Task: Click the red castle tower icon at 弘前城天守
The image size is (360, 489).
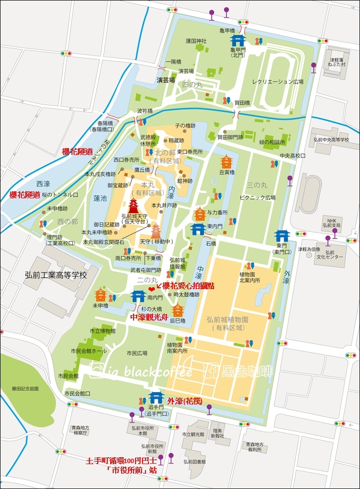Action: [134, 206]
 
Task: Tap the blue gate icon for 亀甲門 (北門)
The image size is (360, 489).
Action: [237, 40]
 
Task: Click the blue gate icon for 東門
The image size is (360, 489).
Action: [282, 235]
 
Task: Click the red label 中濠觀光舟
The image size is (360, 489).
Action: [149, 317]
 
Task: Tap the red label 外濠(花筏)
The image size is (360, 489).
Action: [184, 401]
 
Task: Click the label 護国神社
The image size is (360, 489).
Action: [196, 40]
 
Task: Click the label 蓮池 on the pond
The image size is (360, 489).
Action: [100, 198]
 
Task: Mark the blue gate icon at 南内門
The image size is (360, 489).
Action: [138, 296]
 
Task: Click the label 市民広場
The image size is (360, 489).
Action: [137, 353]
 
